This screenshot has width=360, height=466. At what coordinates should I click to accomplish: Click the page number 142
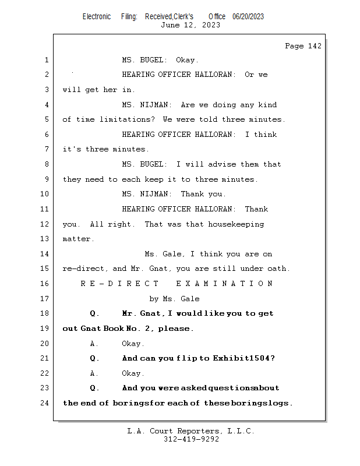point(314,46)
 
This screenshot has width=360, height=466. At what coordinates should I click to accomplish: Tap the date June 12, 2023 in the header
point(190,25)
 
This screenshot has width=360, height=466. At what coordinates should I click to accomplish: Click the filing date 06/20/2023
point(248,17)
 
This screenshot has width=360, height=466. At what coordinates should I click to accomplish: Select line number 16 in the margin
point(45,284)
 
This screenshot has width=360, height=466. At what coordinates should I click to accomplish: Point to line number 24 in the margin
point(45,403)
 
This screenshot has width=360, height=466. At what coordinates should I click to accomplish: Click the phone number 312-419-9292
point(191,439)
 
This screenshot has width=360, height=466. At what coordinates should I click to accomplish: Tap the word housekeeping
point(236,224)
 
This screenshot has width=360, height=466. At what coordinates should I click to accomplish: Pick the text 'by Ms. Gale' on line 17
point(175,299)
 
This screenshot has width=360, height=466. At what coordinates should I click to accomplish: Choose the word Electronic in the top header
point(97,17)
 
